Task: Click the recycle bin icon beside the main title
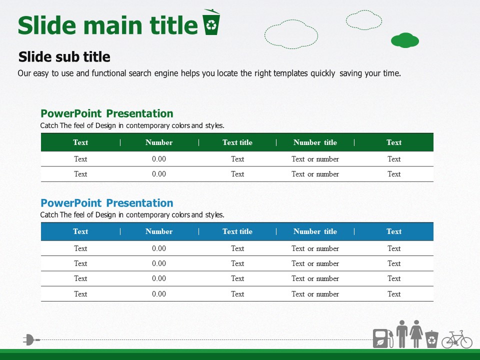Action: point(211,22)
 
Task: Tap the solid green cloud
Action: point(404,40)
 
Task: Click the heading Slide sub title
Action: point(64,57)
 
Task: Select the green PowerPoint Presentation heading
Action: point(107,113)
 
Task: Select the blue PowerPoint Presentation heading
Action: point(107,203)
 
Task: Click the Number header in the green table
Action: point(159,142)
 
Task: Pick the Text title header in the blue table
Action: point(237,231)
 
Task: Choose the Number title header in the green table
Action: point(315,142)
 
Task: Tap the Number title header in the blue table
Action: point(315,231)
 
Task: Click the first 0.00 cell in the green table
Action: point(159,159)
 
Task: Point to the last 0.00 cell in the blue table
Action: point(159,294)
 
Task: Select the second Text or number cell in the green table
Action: point(315,174)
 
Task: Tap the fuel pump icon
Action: point(383,338)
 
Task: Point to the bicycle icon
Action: point(456,339)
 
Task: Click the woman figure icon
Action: point(416,333)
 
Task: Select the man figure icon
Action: point(402,333)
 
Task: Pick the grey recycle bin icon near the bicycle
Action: point(431,339)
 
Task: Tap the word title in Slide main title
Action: point(173,25)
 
